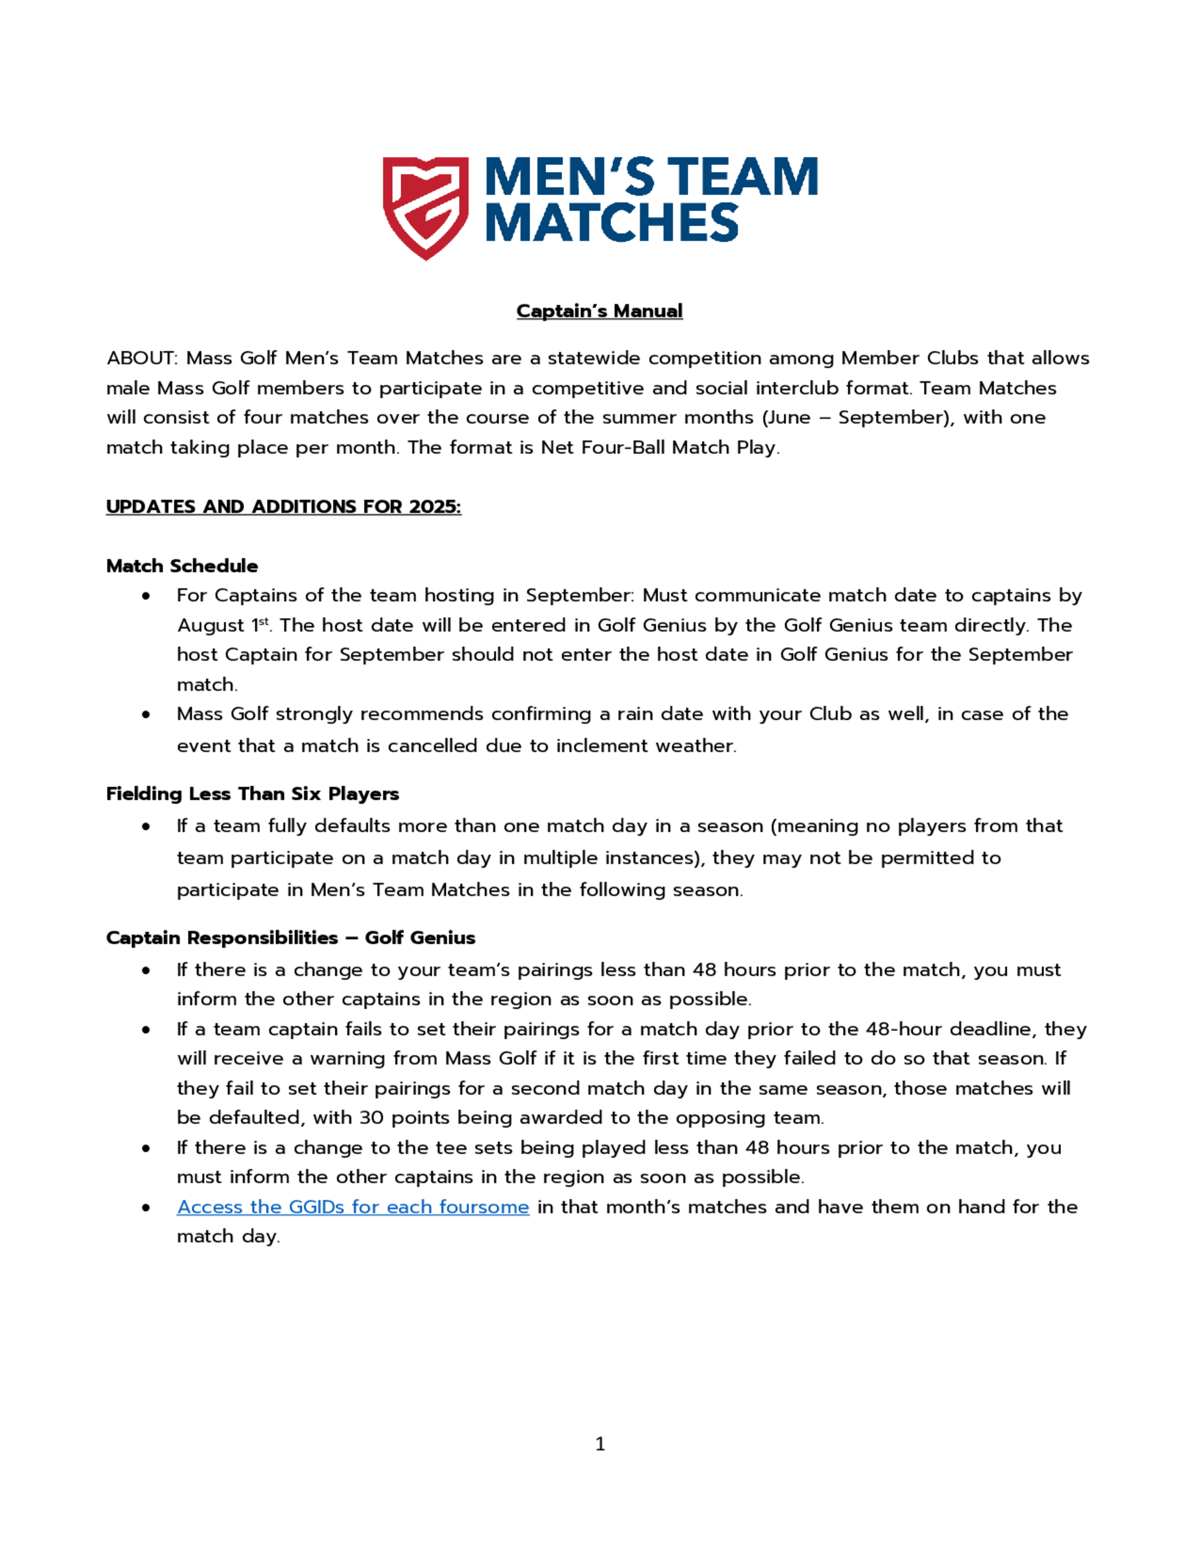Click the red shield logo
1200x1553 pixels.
pyautogui.click(x=425, y=208)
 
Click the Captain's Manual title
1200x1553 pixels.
pyautogui.click(x=599, y=311)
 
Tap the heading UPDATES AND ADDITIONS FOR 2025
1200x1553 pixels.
pyautogui.click(x=284, y=506)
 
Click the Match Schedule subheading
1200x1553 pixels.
pyautogui.click(x=182, y=565)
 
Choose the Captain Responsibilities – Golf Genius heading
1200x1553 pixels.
pyautogui.click(x=290, y=937)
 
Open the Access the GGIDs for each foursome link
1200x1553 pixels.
pyautogui.click(x=353, y=1207)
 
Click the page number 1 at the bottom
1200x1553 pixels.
pyautogui.click(x=600, y=1444)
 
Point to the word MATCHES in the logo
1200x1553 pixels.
pyautogui.click(x=612, y=223)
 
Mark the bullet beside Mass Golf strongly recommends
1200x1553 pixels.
pyautogui.click(x=146, y=714)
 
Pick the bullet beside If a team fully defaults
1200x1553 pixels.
pyautogui.click(x=146, y=826)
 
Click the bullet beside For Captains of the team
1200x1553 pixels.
pyautogui.click(x=146, y=596)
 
